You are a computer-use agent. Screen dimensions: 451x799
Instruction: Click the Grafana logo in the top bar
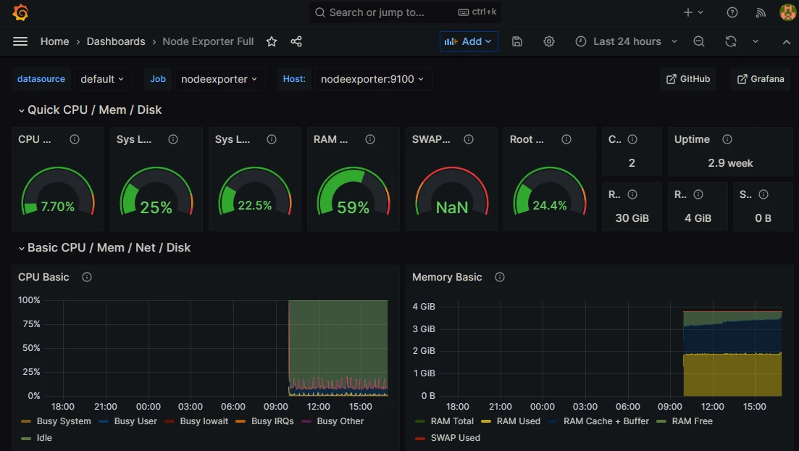coord(20,12)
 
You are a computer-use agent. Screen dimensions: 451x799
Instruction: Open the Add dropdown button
coord(469,41)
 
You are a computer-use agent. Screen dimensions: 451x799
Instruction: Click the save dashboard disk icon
coord(517,41)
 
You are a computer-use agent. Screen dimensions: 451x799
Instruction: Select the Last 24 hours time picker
coord(627,41)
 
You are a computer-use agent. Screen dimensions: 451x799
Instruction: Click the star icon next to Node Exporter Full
coord(272,41)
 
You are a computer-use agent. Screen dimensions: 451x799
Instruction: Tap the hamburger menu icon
coord(20,41)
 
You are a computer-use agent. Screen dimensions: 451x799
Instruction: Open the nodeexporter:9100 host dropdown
coord(372,79)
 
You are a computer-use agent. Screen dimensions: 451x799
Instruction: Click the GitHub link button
coord(687,79)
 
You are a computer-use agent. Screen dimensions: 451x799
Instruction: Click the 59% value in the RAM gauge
coord(353,207)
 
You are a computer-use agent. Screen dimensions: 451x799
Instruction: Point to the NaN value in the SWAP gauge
coord(451,207)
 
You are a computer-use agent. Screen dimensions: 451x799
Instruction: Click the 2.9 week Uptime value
coord(730,163)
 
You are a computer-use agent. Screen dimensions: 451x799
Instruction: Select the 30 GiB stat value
coord(632,218)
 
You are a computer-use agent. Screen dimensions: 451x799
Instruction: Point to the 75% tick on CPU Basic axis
coord(30,324)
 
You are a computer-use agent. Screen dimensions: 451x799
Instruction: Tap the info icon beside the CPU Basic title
coord(87,277)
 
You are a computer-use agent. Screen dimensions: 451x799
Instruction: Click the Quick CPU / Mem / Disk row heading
coord(94,110)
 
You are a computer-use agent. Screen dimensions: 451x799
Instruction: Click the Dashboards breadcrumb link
coord(116,41)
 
